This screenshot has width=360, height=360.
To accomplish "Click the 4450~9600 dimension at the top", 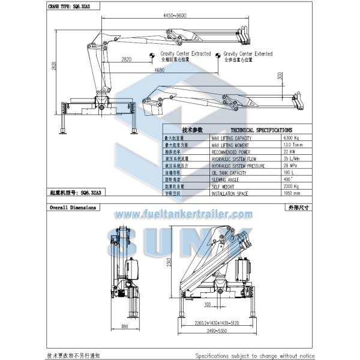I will click(180, 14).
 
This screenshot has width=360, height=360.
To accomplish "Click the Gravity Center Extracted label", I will click(185, 54).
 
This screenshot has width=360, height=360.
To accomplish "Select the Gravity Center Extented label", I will click(248, 54).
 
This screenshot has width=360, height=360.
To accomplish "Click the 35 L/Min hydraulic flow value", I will click(292, 159).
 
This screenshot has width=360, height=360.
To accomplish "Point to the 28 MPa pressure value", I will click(291, 166).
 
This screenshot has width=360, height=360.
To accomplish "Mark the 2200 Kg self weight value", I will click(292, 187).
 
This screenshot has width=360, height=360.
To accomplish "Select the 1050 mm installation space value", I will click(292, 193).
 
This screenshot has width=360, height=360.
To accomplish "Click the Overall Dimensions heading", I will click(73, 207).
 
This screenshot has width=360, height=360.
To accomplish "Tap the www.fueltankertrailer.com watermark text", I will click(183, 214).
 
